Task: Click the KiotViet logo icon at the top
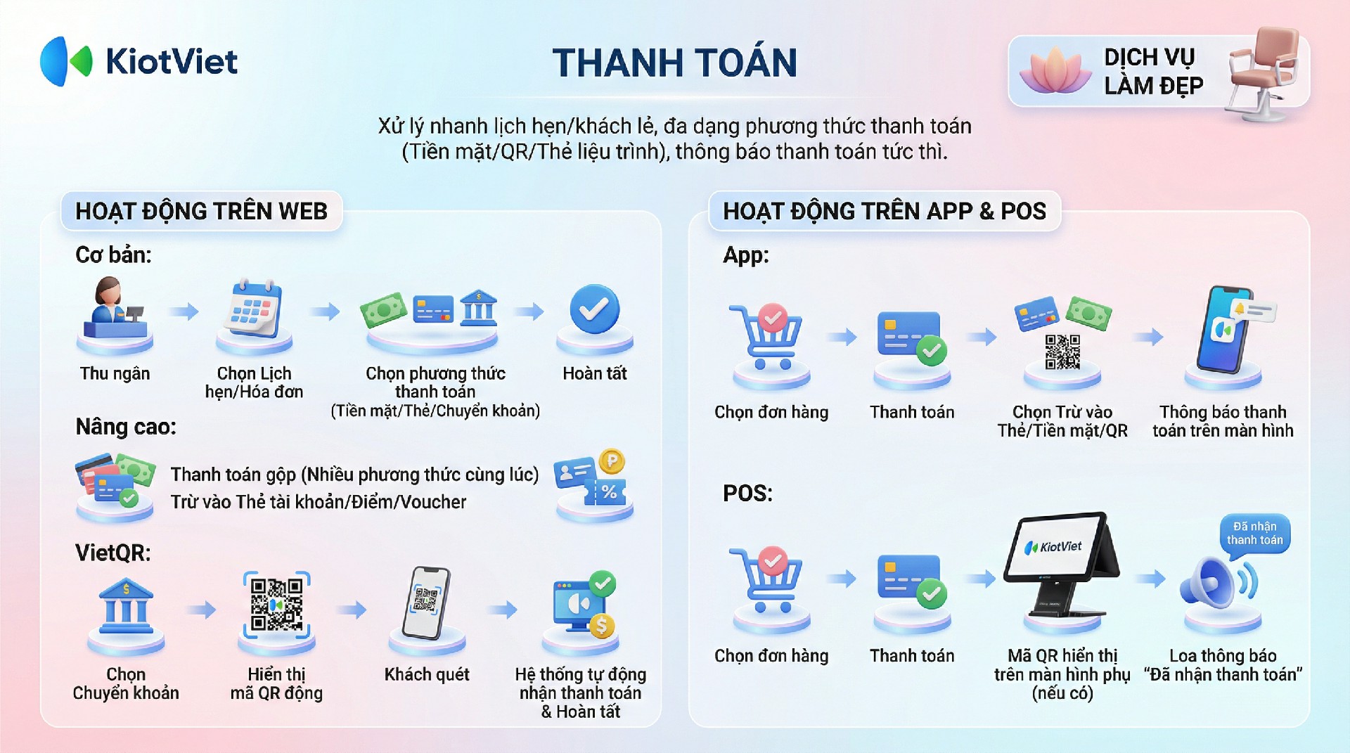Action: click(x=66, y=61)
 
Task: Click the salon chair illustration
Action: click(x=1262, y=74)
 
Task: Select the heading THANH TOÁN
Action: click(x=675, y=63)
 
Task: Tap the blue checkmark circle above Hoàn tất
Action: click(x=595, y=309)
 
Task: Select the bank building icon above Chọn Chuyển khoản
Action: click(x=126, y=605)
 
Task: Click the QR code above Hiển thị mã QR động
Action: click(x=277, y=605)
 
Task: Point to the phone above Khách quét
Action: click(x=426, y=603)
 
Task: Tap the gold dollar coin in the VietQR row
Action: click(x=602, y=625)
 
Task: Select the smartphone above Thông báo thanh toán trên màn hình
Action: click(x=1224, y=329)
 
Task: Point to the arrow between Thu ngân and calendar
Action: click(x=184, y=311)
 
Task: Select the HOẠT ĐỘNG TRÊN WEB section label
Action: click(x=202, y=211)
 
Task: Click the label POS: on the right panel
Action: click(x=747, y=493)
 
